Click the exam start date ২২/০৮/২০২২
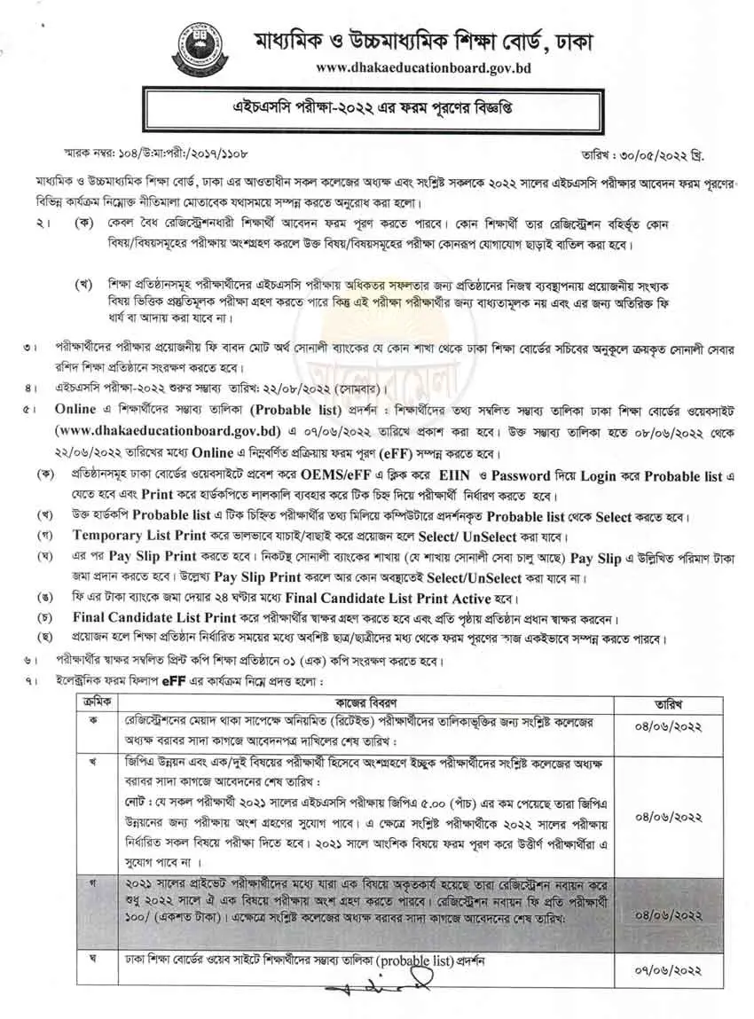(295, 387)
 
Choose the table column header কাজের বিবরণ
(376, 701)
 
